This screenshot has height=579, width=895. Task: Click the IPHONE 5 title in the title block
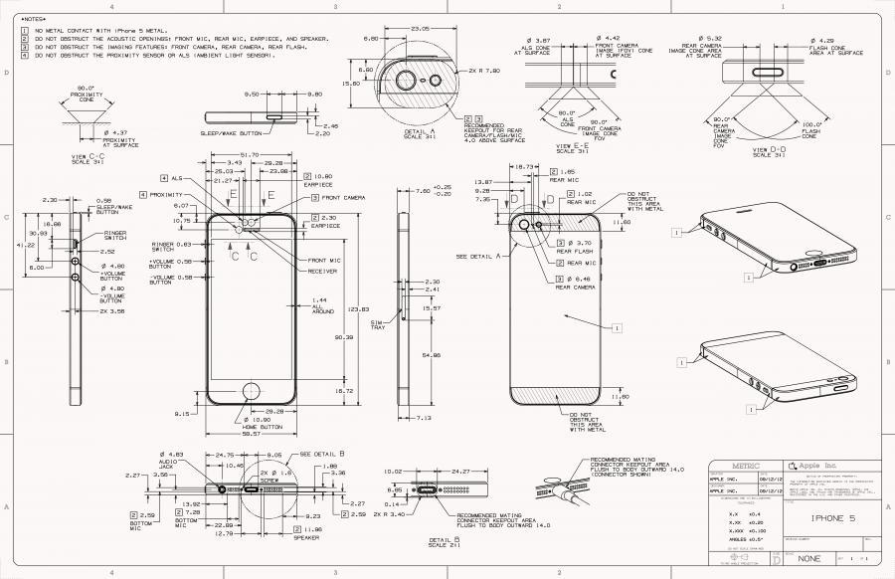(x=833, y=516)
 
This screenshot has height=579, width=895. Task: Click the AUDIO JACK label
(x=167, y=464)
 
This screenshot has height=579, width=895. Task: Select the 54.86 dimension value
(x=431, y=355)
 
